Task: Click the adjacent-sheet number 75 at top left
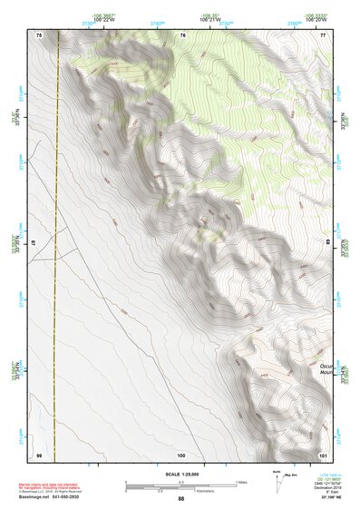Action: point(39,34)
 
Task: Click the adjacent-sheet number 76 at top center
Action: point(182,34)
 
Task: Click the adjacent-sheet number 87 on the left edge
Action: point(38,243)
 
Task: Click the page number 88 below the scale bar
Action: point(180,498)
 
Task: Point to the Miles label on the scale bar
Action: point(239,481)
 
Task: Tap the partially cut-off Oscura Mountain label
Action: point(327,367)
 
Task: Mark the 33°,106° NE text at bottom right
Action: point(324,498)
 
